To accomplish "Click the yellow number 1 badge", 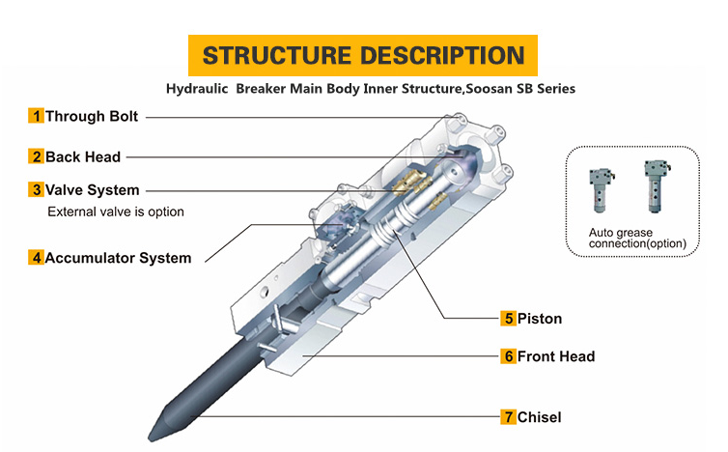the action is tap(37, 116).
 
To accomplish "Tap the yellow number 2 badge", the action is tap(37, 156).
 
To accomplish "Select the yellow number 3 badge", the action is tap(37, 189).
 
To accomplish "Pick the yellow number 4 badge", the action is tap(37, 257).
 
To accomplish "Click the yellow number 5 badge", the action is tap(509, 318).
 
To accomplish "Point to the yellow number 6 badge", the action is tap(509, 356).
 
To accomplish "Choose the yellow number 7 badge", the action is tap(509, 417).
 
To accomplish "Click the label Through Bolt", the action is tap(92, 116).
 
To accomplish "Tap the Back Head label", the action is tap(83, 157).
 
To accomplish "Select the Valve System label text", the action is tap(93, 190).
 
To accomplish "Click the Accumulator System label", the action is tap(118, 258).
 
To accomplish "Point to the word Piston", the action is tap(540, 319).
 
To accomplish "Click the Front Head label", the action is tap(556, 356).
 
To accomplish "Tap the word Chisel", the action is tap(539, 417).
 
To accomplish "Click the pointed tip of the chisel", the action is tap(150, 438).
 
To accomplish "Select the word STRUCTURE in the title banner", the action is tap(277, 56).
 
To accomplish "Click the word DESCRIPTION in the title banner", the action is tap(442, 56).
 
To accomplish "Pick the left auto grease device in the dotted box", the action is tap(602, 190).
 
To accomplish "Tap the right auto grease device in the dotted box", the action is tap(657, 186).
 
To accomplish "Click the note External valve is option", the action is tap(116, 212).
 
